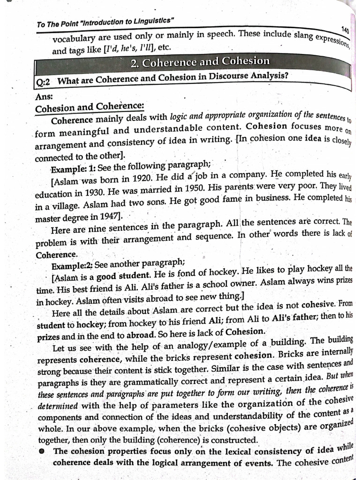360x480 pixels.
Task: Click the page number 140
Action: coord(345,30)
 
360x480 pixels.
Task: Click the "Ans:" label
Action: coord(44,97)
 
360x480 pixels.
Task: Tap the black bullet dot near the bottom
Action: coord(42,451)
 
